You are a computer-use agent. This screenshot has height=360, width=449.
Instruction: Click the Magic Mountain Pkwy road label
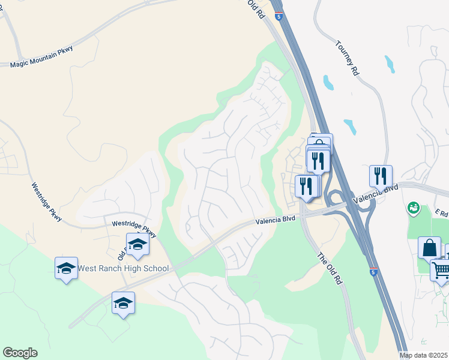[41, 64]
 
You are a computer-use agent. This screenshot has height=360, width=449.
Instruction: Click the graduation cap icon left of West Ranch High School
[66, 268]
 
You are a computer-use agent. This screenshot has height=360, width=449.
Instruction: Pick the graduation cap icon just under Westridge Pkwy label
[137, 244]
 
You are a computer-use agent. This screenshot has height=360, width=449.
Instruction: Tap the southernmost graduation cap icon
[123, 302]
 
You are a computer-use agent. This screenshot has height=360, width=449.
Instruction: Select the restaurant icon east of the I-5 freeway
[381, 176]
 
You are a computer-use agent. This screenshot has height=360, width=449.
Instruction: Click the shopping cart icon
[441, 269]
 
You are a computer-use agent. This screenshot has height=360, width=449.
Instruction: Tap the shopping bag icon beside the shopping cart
[429, 247]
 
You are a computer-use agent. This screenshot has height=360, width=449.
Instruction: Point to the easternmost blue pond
[390, 64]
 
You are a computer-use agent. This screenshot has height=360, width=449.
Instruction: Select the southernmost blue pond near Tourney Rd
[350, 126]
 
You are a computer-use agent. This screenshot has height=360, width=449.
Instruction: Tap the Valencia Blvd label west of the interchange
[276, 221]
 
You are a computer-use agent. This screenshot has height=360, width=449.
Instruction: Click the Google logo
[20, 353]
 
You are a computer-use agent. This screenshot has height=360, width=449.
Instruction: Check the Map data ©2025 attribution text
[424, 355]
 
